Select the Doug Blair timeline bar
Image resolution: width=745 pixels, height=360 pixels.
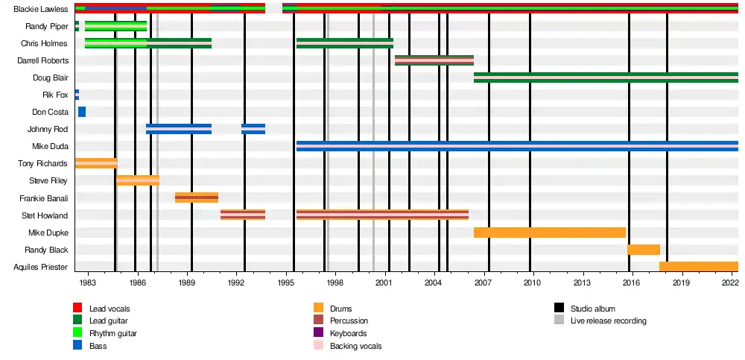tap(605, 78)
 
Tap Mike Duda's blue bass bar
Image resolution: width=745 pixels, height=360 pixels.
tap(516, 146)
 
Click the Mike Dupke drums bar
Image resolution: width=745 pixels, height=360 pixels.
tap(549, 233)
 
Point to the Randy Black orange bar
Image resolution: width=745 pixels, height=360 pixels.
tap(643, 250)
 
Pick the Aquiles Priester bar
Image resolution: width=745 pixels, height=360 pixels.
tap(698, 267)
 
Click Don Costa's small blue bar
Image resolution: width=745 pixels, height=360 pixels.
tap(82, 112)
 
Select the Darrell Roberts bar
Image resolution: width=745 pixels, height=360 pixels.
tap(434, 60)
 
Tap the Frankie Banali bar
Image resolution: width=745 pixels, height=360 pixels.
tap(197, 198)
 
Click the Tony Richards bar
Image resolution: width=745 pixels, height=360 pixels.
tap(96, 163)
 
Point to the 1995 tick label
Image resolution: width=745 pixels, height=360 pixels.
tap(285, 284)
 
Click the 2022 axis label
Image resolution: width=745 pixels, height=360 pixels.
tap(730, 284)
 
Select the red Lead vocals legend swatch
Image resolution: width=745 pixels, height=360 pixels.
tap(77, 309)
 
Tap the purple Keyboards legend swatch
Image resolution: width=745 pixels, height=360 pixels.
tap(318, 333)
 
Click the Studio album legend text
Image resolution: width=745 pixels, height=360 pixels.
tap(592, 309)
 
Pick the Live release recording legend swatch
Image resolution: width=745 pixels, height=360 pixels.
tap(559, 321)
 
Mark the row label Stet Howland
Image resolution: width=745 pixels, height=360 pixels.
tap(46, 216)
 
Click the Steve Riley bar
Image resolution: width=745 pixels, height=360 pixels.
tap(138, 180)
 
